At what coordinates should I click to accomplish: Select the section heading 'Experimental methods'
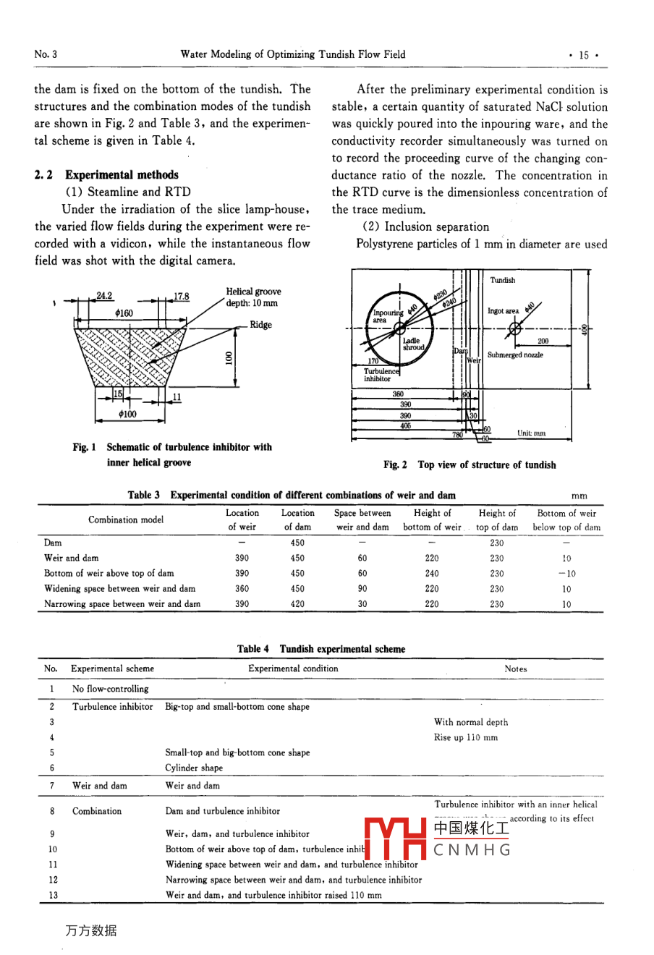click(x=122, y=174)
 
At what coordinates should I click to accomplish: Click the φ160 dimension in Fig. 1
click(x=124, y=313)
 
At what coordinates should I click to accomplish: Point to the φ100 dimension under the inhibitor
click(x=127, y=415)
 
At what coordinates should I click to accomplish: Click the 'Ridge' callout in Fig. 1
click(x=260, y=325)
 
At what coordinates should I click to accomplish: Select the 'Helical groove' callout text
click(x=253, y=292)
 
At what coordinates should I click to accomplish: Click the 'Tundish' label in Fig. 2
click(x=503, y=280)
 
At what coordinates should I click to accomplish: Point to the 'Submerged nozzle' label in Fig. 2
click(x=515, y=355)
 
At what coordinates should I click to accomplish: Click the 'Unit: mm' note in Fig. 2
click(x=532, y=433)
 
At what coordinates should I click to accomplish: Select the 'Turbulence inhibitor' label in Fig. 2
click(x=381, y=375)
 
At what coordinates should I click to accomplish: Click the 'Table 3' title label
click(x=144, y=495)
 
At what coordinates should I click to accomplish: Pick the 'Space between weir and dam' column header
click(x=362, y=519)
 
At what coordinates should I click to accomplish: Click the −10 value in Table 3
click(x=566, y=573)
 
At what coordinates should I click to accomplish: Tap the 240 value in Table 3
click(x=431, y=573)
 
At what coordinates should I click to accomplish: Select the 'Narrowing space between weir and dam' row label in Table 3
click(x=122, y=603)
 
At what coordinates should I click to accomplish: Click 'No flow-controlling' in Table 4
click(x=110, y=689)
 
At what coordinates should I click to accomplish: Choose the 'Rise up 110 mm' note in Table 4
click(x=465, y=737)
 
